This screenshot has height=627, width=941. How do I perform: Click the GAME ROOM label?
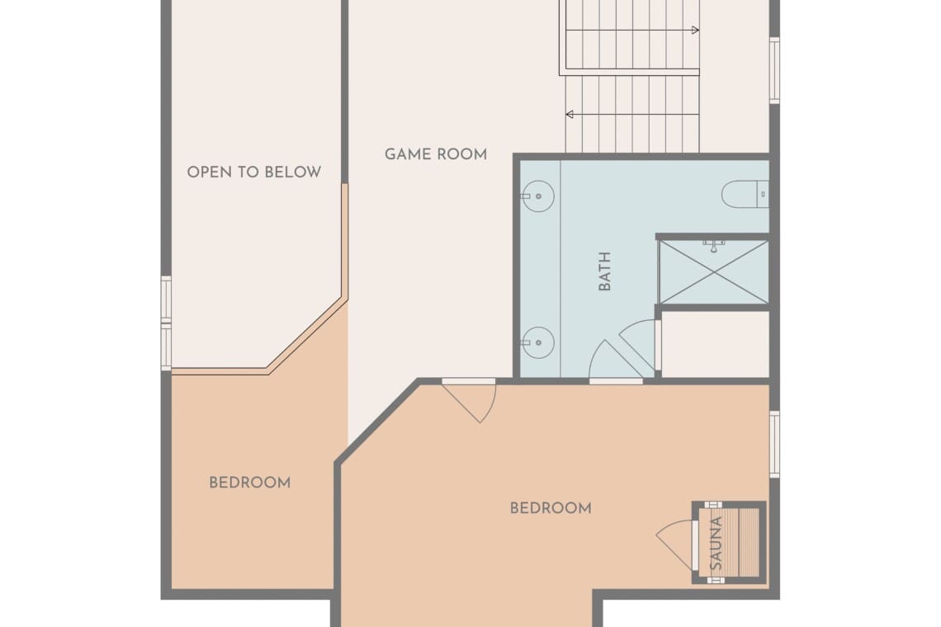coord(436,154)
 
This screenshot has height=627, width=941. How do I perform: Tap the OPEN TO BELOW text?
coord(254,172)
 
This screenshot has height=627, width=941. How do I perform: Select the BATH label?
coord(604,271)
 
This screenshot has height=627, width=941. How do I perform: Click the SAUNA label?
coord(716,544)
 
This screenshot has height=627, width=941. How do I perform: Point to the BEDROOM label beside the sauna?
coord(551,508)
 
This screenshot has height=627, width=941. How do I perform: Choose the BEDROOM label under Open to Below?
coord(249,483)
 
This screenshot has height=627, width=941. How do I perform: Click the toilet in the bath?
coord(745,195)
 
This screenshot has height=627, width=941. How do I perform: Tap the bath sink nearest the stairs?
coord(537,196)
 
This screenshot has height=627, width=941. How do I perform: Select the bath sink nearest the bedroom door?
coord(537,342)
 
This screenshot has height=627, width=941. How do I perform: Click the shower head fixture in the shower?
coord(713,246)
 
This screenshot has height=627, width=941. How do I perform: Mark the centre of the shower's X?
coord(714,272)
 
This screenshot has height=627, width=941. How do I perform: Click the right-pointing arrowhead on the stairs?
coord(696,30)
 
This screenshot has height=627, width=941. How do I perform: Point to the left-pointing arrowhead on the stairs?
coord(570,114)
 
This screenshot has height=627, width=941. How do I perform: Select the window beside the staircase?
coord(775,70)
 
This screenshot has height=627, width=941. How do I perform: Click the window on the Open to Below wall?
coord(166,323)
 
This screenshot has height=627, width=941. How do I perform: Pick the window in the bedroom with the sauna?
coord(775,445)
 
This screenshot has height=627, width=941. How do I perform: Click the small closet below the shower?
coord(715,344)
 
